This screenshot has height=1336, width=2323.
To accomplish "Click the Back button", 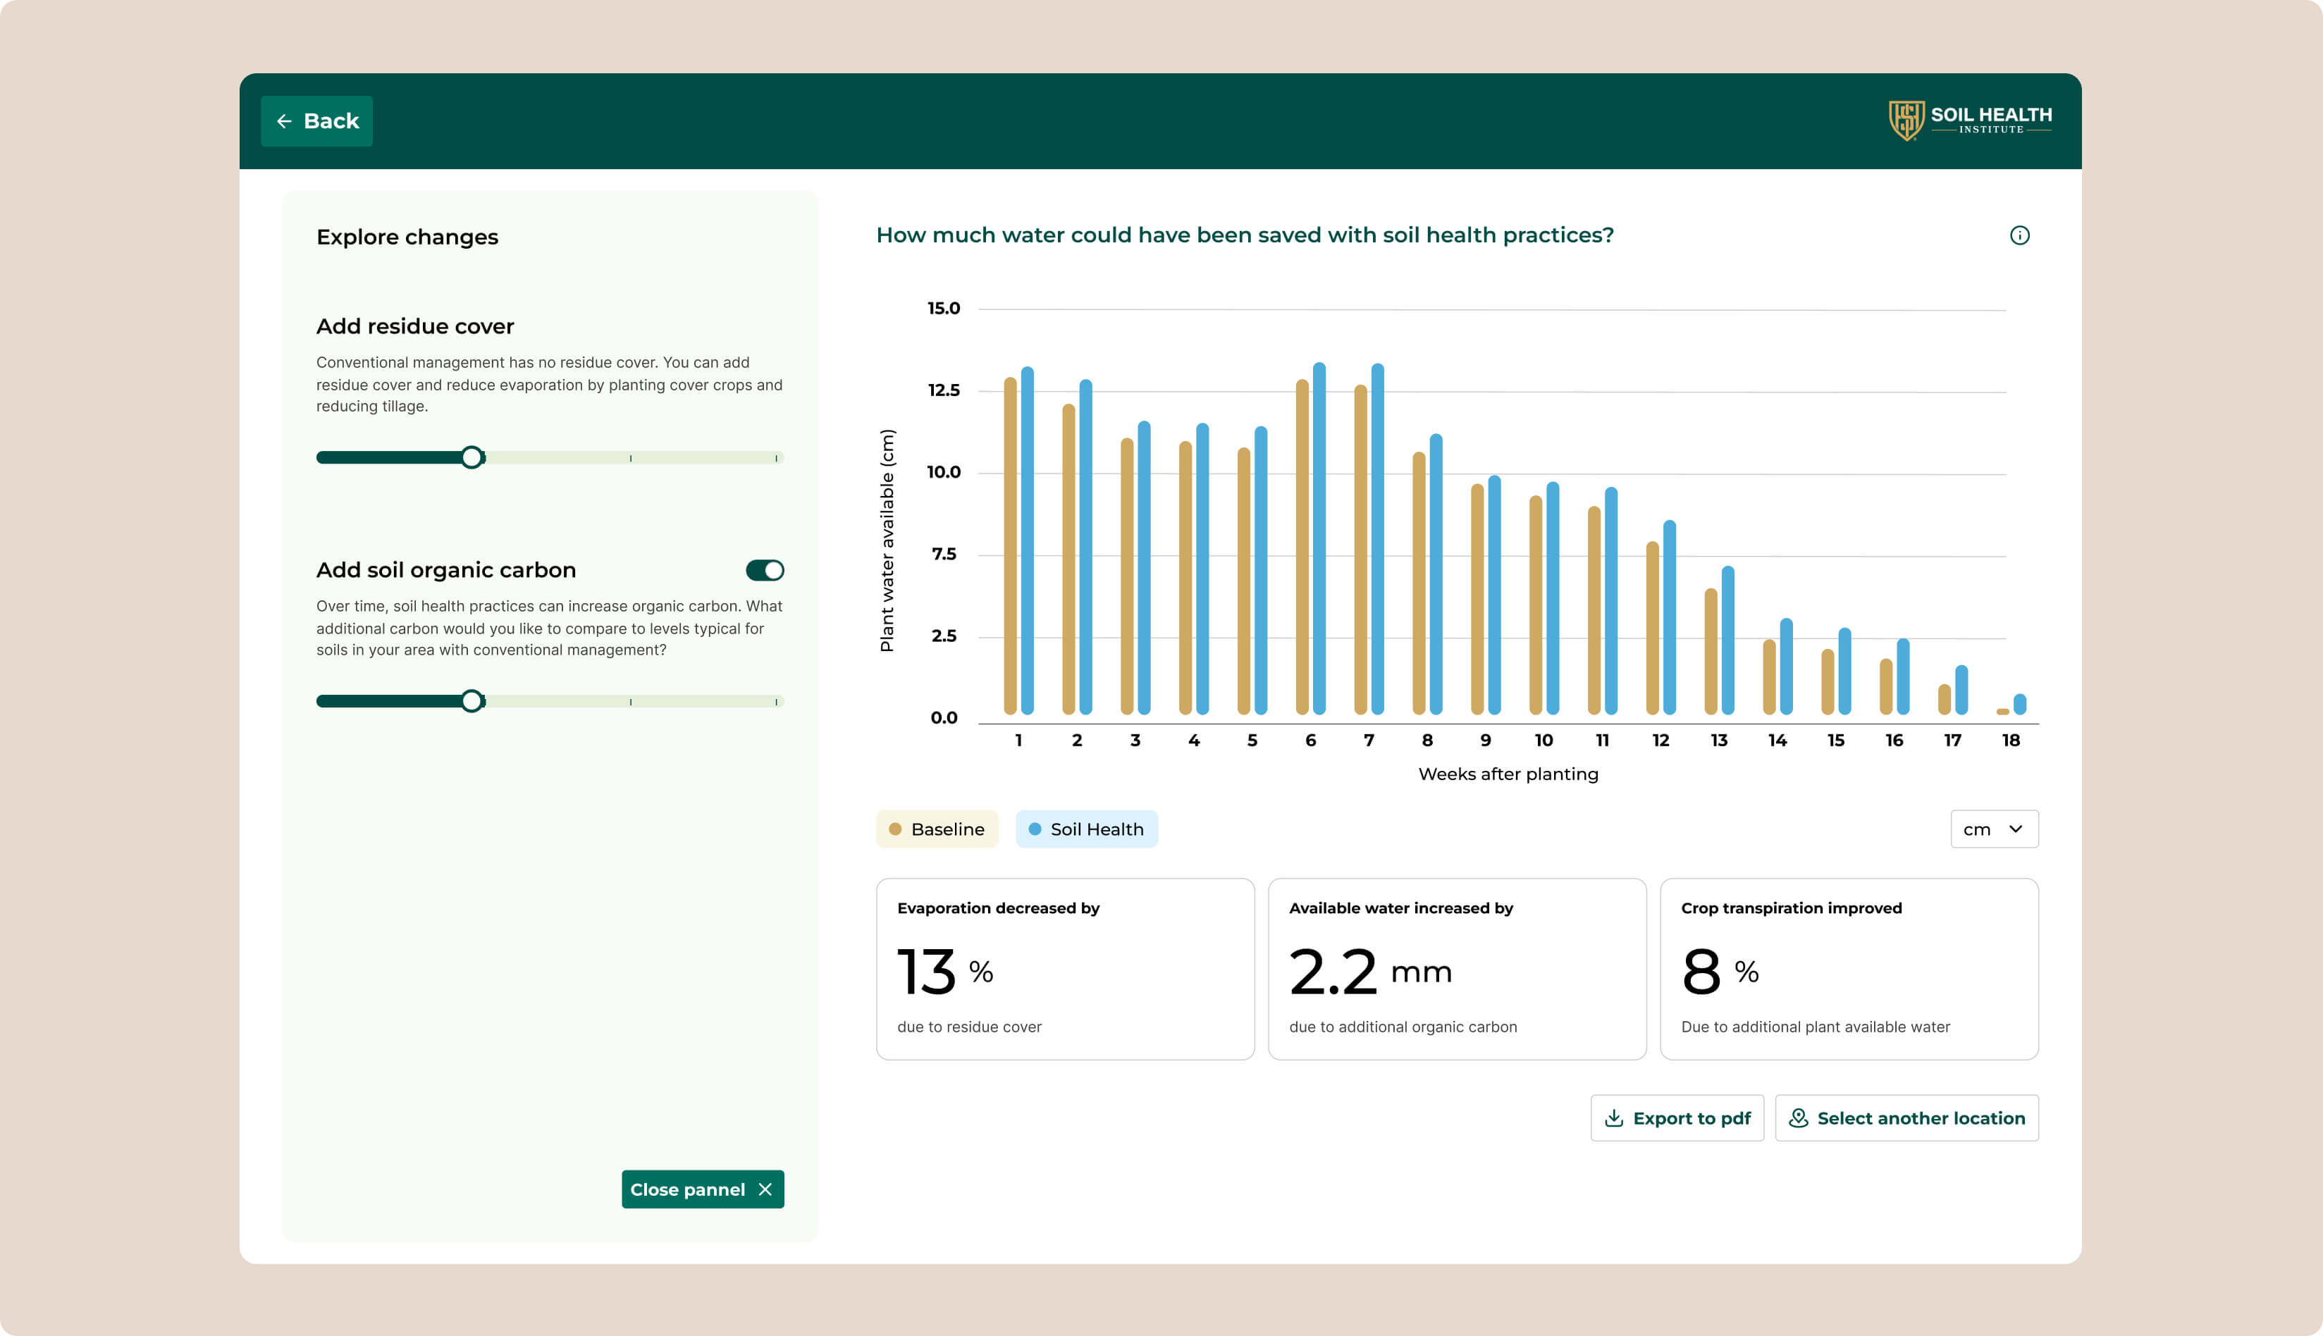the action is click(x=316, y=121).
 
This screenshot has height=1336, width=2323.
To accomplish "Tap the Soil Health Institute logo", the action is click(x=1970, y=120).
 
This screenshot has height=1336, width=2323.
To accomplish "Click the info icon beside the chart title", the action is click(x=2019, y=236).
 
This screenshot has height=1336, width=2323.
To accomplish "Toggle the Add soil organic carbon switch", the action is click(x=765, y=571).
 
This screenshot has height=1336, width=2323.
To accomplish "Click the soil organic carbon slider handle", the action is click(x=472, y=701).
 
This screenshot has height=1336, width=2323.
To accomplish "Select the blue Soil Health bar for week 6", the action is click(x=1319, y=538).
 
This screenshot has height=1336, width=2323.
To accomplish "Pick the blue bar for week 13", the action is click(x=1728, y=641).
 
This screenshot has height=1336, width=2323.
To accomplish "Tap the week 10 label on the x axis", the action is click(x=1543, y=741).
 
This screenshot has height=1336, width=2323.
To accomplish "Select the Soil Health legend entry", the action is click(x=1087, y=829).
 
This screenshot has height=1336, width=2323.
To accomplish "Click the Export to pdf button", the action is click(x=1677, y=1118).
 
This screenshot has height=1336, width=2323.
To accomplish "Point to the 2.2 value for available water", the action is click(x=1333, y=972).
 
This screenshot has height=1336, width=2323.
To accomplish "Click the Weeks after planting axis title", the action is click(x=1508, y=774).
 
